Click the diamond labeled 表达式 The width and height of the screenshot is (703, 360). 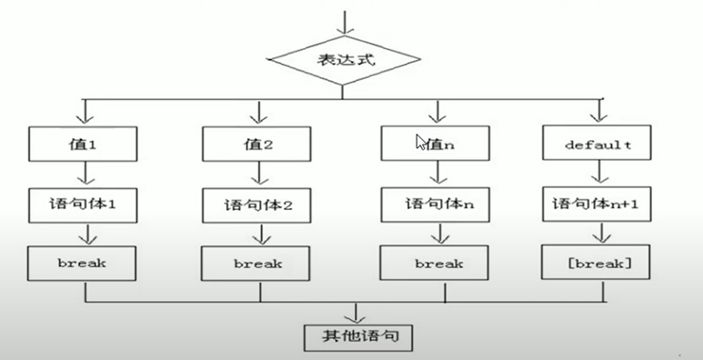tap(344, 62)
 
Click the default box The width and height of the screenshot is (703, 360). tap(598, 144)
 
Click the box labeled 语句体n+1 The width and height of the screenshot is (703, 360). tap(598, 204)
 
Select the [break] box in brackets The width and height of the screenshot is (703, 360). tap(598, 264)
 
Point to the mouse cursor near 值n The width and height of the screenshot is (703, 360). tap(420, 141)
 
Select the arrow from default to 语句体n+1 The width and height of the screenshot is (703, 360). tap(598, 173)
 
